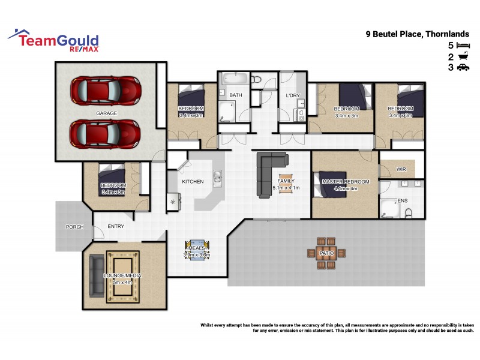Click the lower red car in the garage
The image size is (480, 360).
click(106, 134)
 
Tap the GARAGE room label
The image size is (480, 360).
click(106, 113)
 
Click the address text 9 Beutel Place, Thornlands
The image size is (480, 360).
click(418, 34)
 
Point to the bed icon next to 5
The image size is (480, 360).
click(462, 45)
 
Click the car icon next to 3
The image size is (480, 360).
click(462, 68)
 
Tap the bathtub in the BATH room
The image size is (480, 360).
click(233, 79)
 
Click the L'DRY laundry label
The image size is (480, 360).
click(292, 95)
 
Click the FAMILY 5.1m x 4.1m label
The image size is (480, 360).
click(286, 184)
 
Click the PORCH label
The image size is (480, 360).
click(74, 227)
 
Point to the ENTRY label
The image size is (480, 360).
click(116, 226)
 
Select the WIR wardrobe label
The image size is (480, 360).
click(401, 169)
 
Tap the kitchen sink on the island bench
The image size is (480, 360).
click(217, 176)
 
